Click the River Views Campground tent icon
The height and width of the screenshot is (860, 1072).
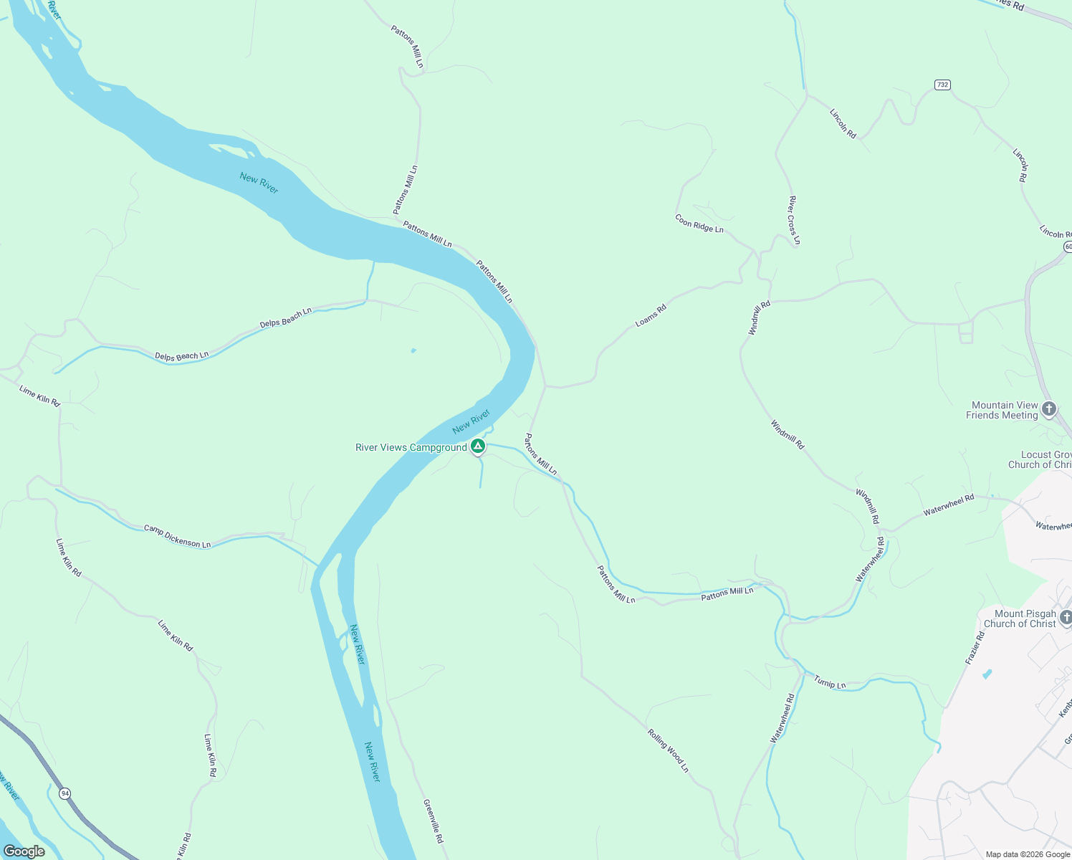[478, 446]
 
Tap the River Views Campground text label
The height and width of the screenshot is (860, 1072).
[411, 448]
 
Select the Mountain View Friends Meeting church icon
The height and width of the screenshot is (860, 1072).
[1049, 409]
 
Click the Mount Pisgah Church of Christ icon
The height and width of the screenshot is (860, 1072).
[1066, 618]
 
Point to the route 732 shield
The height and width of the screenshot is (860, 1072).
[942, 85]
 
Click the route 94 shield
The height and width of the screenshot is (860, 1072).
[65, 793]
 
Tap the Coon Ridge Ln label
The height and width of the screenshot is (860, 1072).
[699, 224]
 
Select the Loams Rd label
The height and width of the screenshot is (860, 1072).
[651, 316]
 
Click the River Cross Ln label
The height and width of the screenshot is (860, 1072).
[794, 220]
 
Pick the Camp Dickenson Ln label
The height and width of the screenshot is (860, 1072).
[177, 537]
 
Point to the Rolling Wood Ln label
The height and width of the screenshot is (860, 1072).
[668, 750]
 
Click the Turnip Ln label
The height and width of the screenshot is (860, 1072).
[830, 682]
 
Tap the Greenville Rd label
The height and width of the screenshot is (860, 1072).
[434, 821]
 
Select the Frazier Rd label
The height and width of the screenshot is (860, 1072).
[975, 648]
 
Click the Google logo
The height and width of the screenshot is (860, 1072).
[24, 851]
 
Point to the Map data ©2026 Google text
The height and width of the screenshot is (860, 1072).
[1027, 854]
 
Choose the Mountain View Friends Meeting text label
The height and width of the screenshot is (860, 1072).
[1003, 410]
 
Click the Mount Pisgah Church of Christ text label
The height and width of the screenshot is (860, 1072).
[1020, 618]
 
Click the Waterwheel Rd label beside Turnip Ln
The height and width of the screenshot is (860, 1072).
[783, 718]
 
